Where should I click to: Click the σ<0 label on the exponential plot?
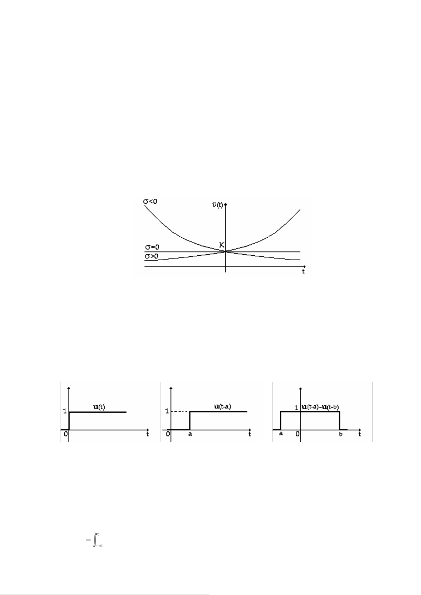tap(150, 201)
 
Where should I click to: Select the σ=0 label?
tap(152, 247)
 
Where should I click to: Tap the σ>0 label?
tap(151, 256)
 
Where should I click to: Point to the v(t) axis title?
tap(217, 205)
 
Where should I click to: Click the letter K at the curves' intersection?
tap(222, 245)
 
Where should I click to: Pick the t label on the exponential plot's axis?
tap(303, 272)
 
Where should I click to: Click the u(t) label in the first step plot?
tap(99, 407)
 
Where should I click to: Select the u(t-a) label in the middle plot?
tap(223, 406)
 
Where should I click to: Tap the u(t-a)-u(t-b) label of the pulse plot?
tap(320, 407)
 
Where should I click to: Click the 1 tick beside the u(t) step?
tap(65, 411)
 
